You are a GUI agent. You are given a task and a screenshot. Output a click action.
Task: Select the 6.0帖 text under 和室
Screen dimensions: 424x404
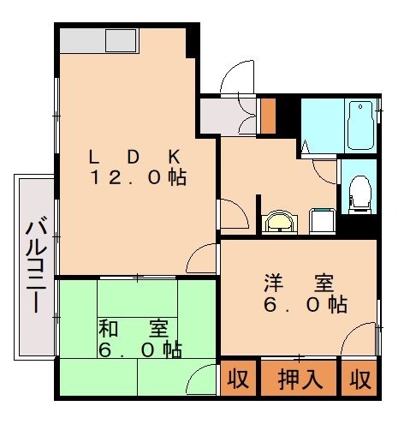point(140,349)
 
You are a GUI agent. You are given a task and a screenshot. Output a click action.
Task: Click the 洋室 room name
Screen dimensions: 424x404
point(298,282)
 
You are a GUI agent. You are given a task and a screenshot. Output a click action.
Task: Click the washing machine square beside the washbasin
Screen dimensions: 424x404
point(322,222)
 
